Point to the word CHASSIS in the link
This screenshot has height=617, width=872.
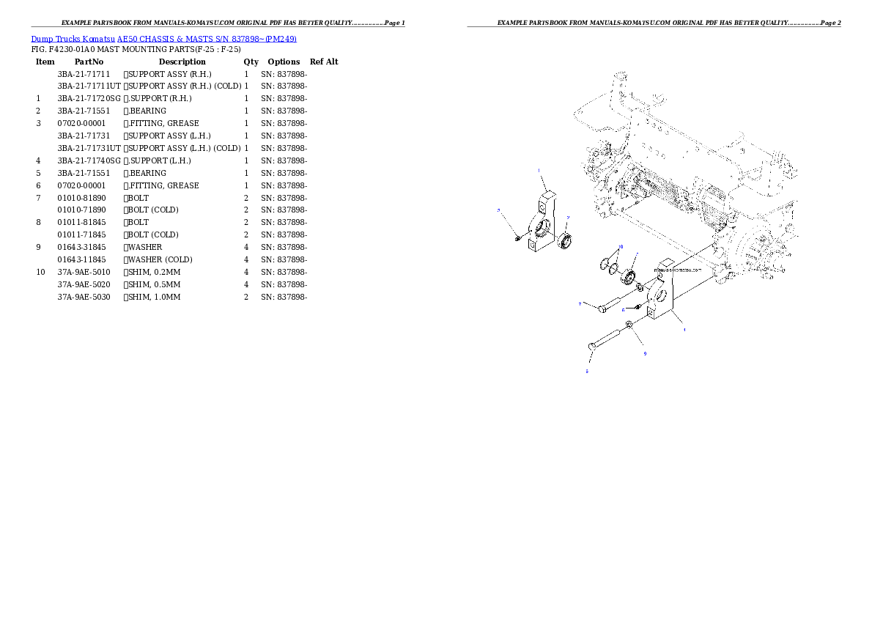(x=156, y=39)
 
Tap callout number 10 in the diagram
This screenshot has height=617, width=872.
(x=621, y=247)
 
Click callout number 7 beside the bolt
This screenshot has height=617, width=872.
(x=580, y=303)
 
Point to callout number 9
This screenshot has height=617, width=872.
(x=645, y=353)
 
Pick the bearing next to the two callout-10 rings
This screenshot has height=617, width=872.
(x=628, y=278)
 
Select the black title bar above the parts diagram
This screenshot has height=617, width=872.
(x=654, y=26)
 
